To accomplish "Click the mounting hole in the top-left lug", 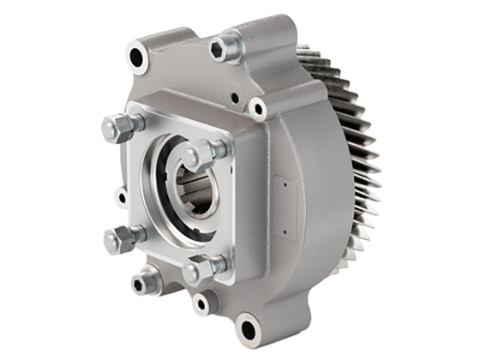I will pyautogui.click(x=138, y=58).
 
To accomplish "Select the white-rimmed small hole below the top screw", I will pyautogui.click(x=257, y=108).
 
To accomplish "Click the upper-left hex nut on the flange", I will pyautogui.click(x=119, y=129).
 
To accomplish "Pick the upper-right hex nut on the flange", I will pyautogui.click(x=204, y=154).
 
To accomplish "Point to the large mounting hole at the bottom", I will pyautogui.click(x=248, y=327).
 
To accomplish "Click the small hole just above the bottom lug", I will pyautogui.click(x=203, y=303).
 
